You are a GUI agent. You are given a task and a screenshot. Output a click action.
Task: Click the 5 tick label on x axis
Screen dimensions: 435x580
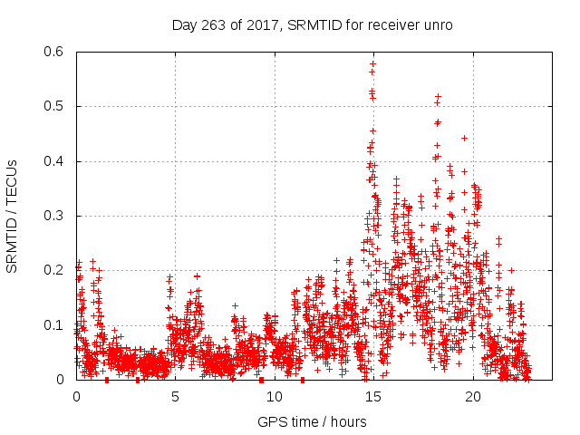(175, 397)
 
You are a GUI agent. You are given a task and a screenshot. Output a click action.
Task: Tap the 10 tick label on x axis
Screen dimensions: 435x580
(275, 397)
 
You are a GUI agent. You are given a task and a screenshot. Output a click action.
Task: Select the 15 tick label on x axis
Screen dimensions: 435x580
(373, 397)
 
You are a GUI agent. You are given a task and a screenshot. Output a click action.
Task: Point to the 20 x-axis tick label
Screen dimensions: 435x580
(473, 397)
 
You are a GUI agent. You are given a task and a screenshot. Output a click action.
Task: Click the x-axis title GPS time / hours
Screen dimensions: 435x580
(312, 421)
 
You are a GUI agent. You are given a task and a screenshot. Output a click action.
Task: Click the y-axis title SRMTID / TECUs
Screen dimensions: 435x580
(13, 216)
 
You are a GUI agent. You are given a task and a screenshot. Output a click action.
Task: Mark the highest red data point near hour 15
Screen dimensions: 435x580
(372, 63)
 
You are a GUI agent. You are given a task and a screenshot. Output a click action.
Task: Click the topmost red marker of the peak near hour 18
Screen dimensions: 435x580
(438, 96)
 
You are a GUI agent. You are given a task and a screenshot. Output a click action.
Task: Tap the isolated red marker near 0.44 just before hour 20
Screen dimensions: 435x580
(464, 139)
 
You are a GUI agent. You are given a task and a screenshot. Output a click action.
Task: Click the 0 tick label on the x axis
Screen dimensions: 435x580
(76, 397)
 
